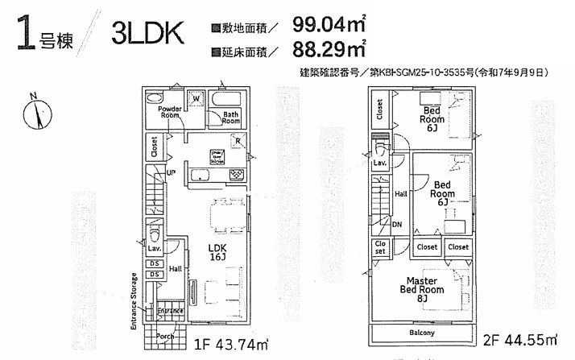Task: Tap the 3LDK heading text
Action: (x=148, y=35)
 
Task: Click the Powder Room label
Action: (x=168, y=112)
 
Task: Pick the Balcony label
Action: (x=421, y=333)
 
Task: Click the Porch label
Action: (x=166, y=336)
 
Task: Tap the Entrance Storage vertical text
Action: (x=134, y=300)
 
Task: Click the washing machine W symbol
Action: (x=196, y=100)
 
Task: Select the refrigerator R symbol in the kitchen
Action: (x=239, y=142)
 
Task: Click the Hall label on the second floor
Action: (x=400, y=193)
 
